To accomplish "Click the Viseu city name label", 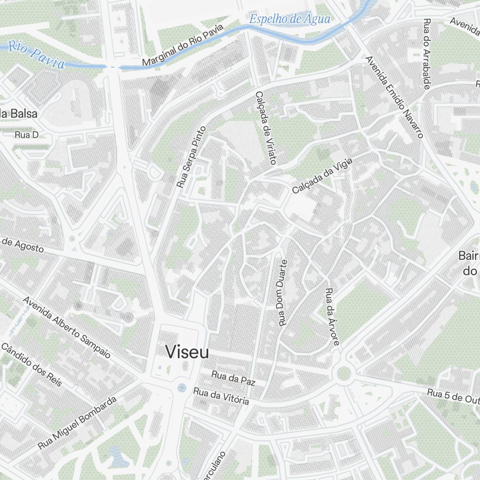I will pyautogui.click(x=187, y=352).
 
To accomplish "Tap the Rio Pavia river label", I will pyautogui.click(x=36, y=55).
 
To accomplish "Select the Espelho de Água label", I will pyautogui.click(x=290, y=19).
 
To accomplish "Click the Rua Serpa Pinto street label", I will pyautogui.click(x=191, y=156).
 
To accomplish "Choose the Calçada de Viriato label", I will pyautogui.click(x=266, y=128).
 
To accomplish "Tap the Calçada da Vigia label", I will pyautogui.click(x=322, y=176).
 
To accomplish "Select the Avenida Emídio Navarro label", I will pyautogui.click(x=394, y=96).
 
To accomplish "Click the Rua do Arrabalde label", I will pyautogui.click(x=427, y=54).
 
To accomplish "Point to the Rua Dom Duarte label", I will pyautogui.click(x=283, y=293).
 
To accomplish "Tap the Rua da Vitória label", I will pyautogui.click(x=221, y=396).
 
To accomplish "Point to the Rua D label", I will pyautogui.click(x=26, y=135).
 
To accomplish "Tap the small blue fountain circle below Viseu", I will pyautogui.click(x=181, y=387).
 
